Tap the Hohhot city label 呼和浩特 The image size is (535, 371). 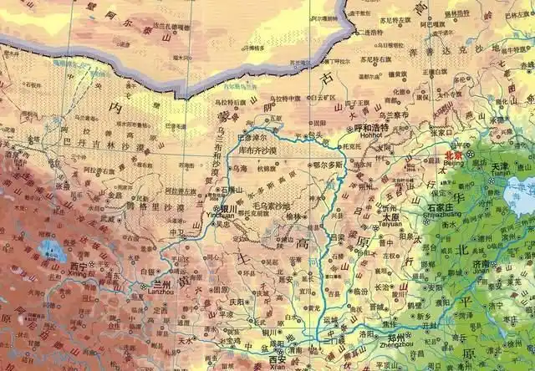[x=371, y=128]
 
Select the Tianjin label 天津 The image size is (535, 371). [x=499, y=167]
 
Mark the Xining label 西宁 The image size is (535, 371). [x=78, y=267]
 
